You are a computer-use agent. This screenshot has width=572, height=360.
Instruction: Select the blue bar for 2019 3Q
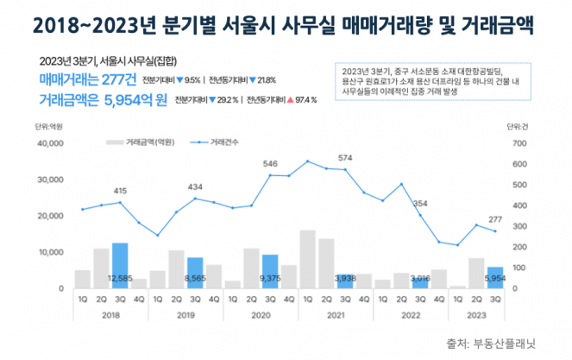[x=195, y=272]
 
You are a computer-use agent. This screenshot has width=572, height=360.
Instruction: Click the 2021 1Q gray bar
[x=307, y=259]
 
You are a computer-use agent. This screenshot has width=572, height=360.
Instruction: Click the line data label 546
[x=270, y=163]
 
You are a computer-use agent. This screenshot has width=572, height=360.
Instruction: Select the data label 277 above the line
[x=495, y=219]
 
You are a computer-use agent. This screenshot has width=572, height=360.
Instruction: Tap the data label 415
[x=120, y=191]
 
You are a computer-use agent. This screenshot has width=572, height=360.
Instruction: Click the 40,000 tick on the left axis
[x=49, y=143]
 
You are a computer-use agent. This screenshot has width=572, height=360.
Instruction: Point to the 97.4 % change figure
[x=303, y=99]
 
